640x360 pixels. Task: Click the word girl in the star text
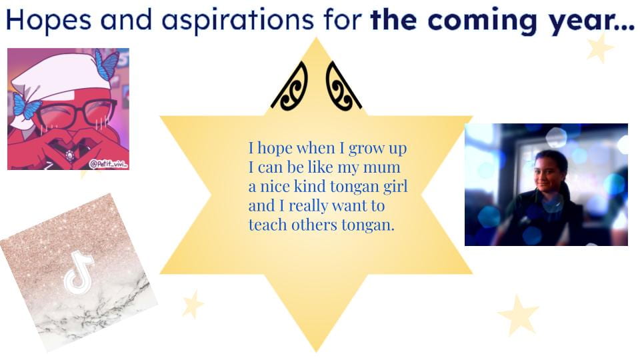[x=395, y=187]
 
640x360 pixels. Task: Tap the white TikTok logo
[x=79, y=273]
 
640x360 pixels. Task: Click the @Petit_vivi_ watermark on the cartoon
[x=108, y=164]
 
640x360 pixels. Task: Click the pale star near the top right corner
[x=599, y=48]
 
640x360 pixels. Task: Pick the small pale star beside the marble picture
[x=192, y=304]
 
